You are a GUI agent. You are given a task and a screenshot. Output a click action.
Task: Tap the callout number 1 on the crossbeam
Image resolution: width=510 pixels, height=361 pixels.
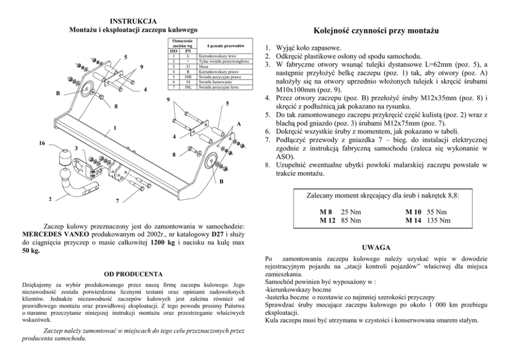point(115,127)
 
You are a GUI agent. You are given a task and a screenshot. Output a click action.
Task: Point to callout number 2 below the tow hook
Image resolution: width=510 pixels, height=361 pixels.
point(50,198)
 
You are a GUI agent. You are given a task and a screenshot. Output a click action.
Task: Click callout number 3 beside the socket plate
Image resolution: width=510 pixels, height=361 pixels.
point(76,149)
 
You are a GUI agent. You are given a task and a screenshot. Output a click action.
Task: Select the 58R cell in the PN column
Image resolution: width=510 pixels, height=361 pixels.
point(188,76)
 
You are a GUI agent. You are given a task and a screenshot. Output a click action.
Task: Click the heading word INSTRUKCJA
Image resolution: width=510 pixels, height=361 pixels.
point(133,21)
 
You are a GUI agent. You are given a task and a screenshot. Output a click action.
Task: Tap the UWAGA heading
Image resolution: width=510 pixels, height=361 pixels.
point(376,247)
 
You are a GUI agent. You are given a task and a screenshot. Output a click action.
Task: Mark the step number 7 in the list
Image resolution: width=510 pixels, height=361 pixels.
point(267,140)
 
